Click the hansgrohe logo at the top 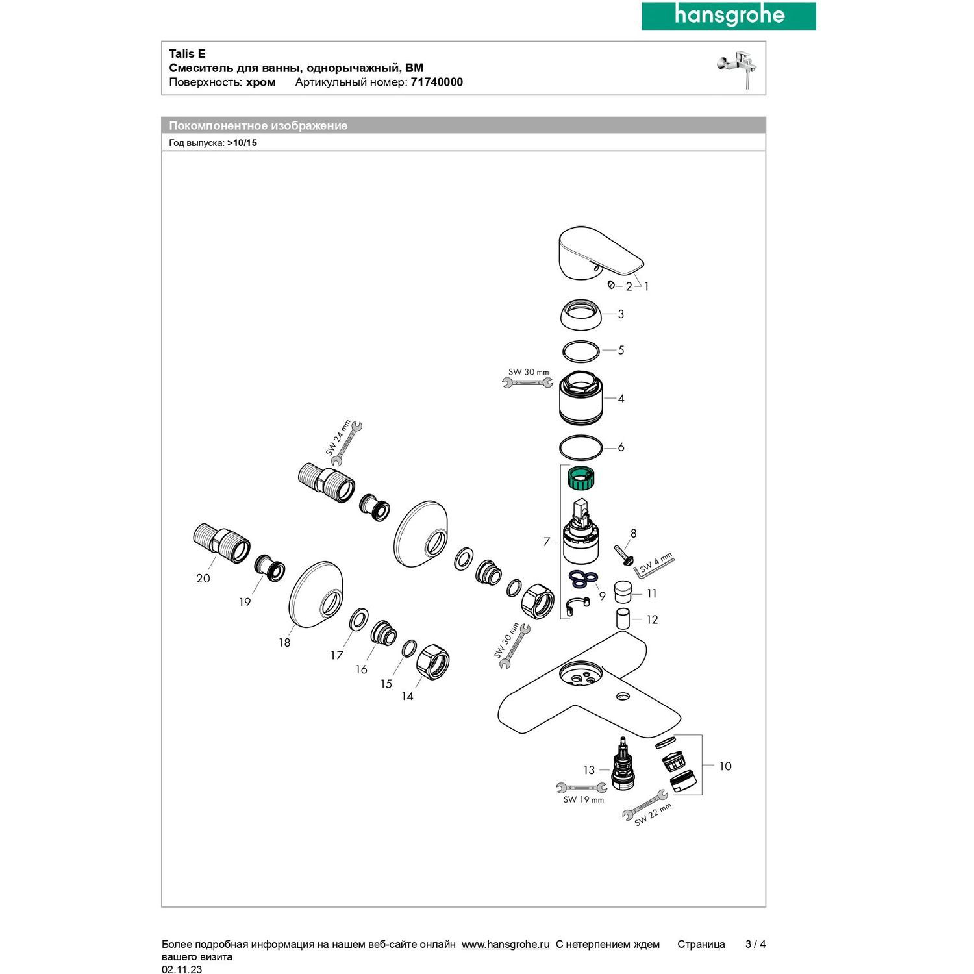(x=729, y=16)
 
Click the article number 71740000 (x=436, y=82)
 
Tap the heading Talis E (x=187, y=54)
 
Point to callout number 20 (x=203, y=578)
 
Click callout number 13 (x=588, y=770)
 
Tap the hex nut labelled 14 (x=432, y=662)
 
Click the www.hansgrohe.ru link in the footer (x=505, y=945)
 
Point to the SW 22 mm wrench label (x=653, y=814)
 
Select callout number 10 (x=725, y=766)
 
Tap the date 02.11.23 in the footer (x=182, y=969)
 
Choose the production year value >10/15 (x=242, y=143)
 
